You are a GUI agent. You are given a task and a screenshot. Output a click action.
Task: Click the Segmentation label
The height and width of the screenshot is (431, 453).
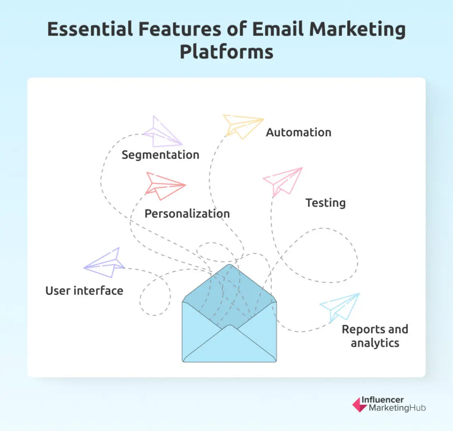(x=160, y=155)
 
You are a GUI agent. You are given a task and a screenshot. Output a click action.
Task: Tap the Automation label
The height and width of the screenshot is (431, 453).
(x=298, y=132)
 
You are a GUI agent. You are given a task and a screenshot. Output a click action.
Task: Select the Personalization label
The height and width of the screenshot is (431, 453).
(x=187, y=214)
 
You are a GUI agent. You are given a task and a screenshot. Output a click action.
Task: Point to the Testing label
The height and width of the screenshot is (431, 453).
(x=325, y=203)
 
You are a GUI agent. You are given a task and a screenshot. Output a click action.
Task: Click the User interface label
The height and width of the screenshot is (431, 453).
(x=84, y=291)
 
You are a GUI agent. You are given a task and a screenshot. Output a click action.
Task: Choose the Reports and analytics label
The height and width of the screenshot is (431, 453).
(x=375, y=336)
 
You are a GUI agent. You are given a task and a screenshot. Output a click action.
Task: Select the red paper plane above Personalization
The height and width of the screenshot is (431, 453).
(x=164, y=186)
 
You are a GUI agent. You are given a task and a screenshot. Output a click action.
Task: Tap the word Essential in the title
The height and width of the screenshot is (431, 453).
(x=90, y=30)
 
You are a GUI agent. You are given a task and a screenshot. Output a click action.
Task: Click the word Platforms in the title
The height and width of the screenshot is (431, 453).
(x=226, y=52)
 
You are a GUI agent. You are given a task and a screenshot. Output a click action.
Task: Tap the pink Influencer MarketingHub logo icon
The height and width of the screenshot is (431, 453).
(x=359, y=404)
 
